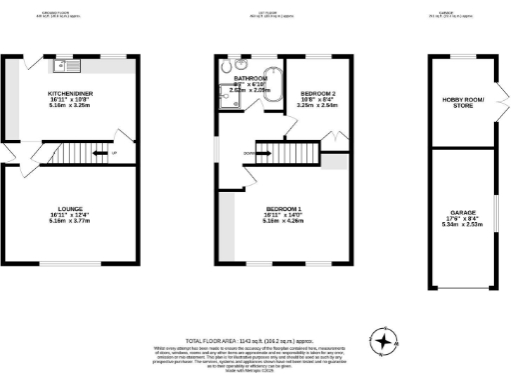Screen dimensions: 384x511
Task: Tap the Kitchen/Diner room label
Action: point(69,91)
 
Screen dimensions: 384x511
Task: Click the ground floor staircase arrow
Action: point(100,153)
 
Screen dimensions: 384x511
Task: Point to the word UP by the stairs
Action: point(116,153)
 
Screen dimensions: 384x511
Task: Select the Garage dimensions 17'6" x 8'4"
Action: point(461,219)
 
